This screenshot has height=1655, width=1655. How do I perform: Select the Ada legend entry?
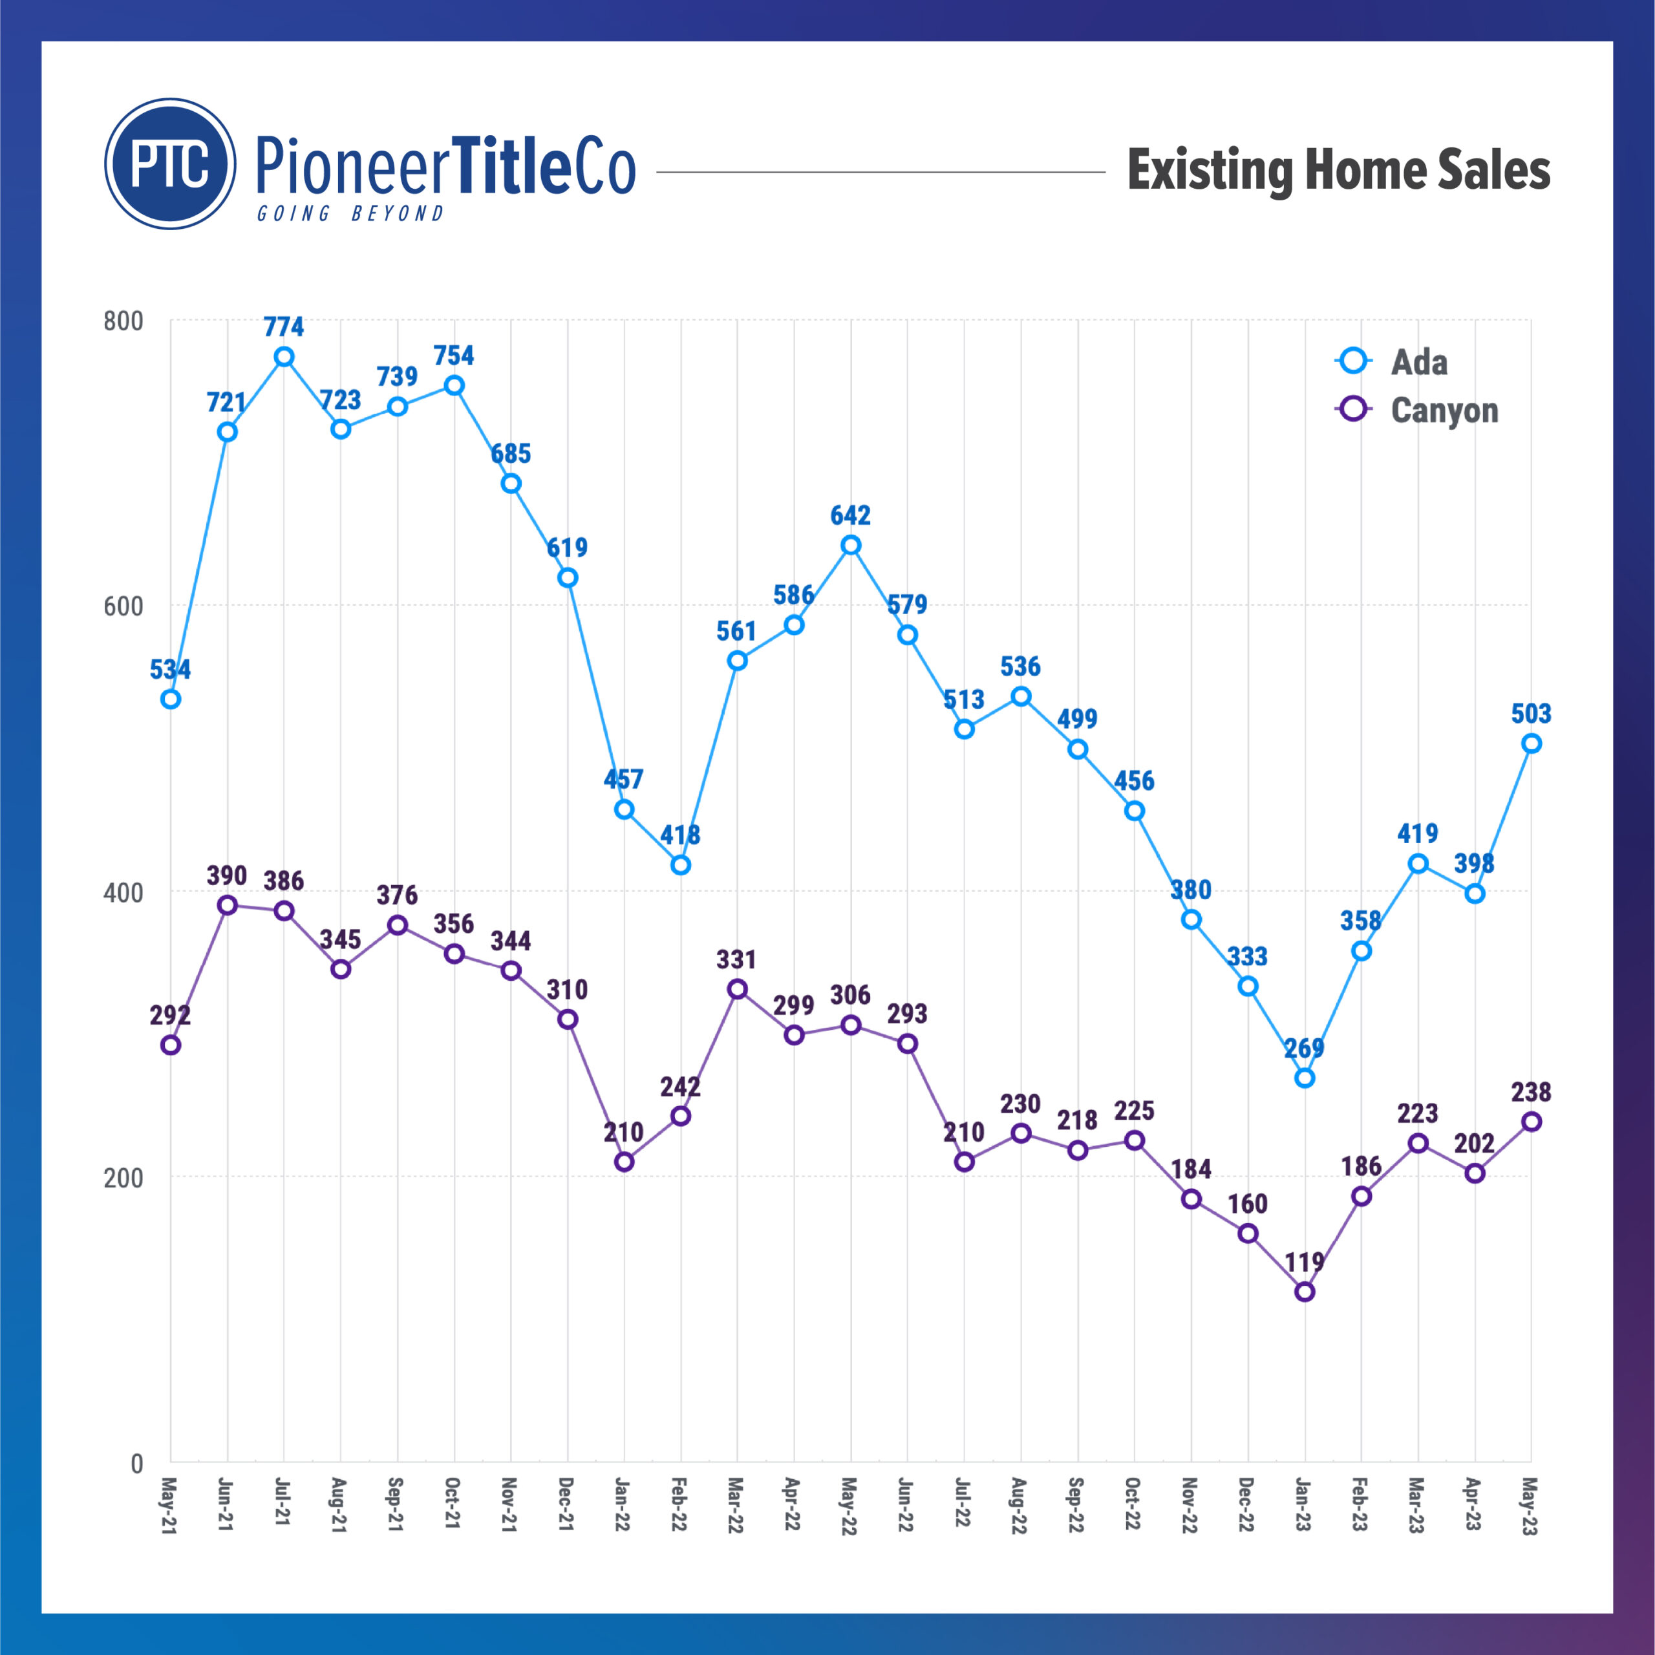(x=1418, y=361)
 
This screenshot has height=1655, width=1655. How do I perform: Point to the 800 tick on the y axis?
(x=122, y=321)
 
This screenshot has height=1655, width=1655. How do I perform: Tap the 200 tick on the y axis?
(x=122, y=1178)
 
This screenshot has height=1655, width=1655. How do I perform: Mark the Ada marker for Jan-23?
(x=1305, y=1078)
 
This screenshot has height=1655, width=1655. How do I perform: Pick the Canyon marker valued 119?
(x=1305, y=1292)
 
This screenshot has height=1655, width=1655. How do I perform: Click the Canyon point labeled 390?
(x=227, y=906)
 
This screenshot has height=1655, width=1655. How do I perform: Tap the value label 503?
(x=1531, y=714)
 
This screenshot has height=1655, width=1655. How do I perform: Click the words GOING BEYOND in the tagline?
(x=350, y=213)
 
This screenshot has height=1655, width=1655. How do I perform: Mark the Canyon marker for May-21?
(x=171, y=1045)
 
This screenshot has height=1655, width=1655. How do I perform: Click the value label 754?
(x=454, y=356)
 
